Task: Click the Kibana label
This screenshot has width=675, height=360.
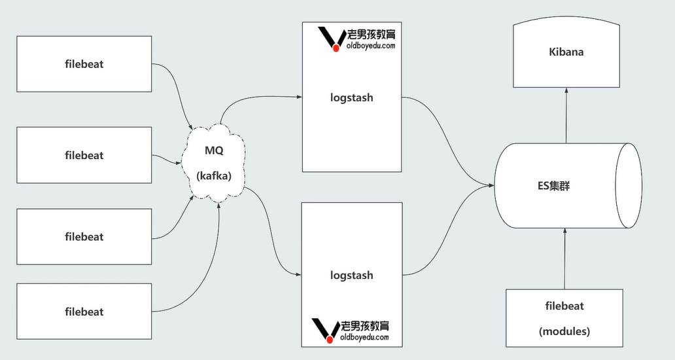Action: tap(566, 52)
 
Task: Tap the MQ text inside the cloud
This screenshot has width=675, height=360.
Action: tap(214, 151)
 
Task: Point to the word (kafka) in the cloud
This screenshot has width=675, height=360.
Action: tap(214, 175)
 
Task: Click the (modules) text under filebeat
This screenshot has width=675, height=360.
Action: tap(564, 331)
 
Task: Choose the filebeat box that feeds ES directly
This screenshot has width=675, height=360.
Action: tap(564, 318)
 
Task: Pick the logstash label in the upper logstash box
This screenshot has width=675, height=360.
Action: tap(351, 98)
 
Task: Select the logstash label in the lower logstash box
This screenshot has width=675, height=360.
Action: tap(351, 275)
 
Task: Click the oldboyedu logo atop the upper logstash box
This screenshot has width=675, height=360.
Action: tap(356, 39)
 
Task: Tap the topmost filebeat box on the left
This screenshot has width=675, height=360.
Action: tap(84, 63)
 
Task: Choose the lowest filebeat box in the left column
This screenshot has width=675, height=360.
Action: tap(84, 312)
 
